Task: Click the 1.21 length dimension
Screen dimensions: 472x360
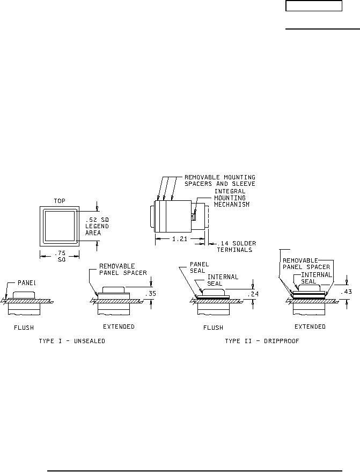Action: point(180,239)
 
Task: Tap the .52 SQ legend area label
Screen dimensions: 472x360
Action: point(97,226)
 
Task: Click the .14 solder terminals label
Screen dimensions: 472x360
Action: point(234,246)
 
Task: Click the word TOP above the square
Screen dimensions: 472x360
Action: point(60,200)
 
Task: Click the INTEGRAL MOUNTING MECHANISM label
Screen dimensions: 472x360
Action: point(232,197)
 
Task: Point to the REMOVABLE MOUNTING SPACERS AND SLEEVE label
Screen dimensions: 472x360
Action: point(219,180)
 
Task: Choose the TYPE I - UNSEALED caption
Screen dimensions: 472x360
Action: point(72,342)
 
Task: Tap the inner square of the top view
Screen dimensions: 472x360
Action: point(60,225)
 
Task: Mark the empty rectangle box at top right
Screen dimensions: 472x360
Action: point(313,6)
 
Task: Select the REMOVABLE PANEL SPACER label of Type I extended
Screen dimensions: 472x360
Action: point(123,269)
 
